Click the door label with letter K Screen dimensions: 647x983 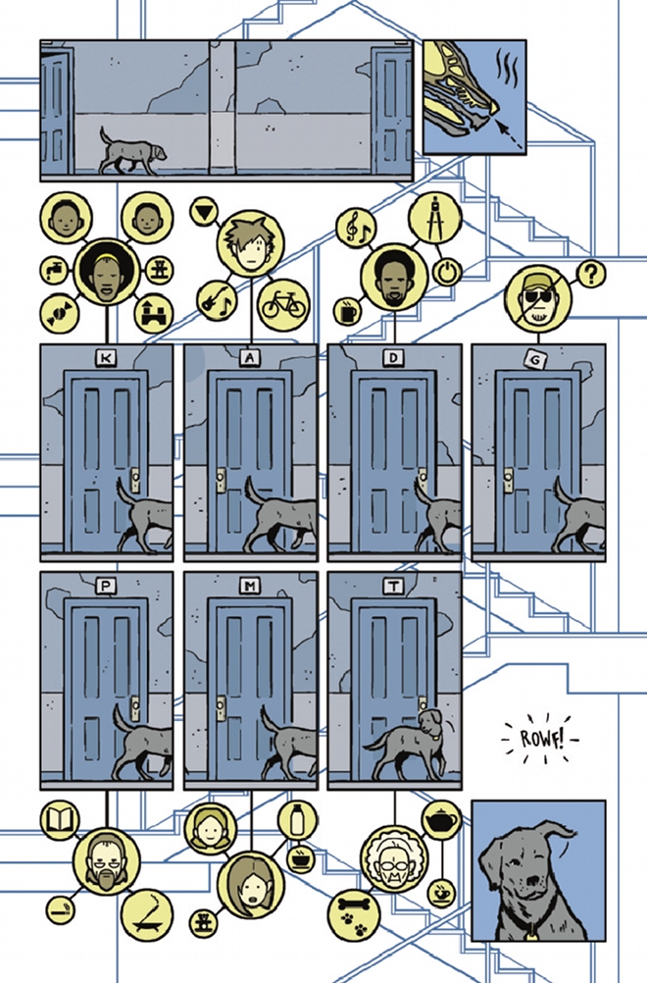106,358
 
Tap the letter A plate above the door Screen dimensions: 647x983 250,358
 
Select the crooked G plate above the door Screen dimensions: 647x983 537,359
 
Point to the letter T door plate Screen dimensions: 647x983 393,586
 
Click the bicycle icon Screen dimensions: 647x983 283,305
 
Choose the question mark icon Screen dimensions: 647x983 590,274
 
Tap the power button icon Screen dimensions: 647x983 447,272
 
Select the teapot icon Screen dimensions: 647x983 441,820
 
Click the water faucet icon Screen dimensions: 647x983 54,270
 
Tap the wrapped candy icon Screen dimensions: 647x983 60,312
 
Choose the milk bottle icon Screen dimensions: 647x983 297,819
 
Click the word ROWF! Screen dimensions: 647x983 542,739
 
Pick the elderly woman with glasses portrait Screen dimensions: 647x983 395,858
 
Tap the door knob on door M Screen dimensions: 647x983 222,707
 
